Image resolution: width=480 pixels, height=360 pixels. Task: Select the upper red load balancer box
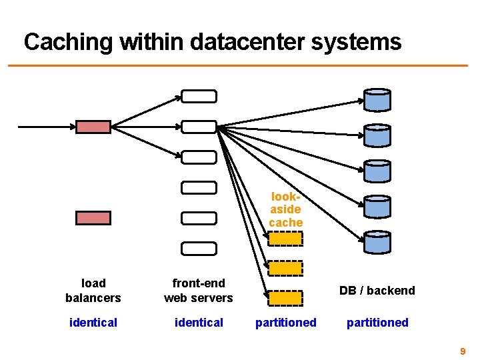point(93,126)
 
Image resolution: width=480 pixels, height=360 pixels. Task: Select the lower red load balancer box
point(93,217)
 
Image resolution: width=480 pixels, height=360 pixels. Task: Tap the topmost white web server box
point(199,96)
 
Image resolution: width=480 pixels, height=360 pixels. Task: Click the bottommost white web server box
point(199,249)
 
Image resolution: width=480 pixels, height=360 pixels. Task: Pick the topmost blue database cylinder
point(377,100)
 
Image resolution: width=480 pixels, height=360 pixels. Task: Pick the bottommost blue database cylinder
point(377,243)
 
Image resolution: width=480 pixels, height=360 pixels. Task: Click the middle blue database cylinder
point(377,171)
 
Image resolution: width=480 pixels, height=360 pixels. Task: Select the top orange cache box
point(285,239)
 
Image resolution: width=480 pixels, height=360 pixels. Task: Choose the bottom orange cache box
point(285,298)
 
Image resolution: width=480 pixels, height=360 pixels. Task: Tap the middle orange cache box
point(285,268)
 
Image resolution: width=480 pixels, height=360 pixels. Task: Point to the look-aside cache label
point(286,209)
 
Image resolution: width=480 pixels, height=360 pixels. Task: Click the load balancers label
point(93,290)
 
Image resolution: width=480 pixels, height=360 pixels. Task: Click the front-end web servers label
point(199,290)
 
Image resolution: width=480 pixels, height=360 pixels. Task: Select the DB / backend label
point(377,290)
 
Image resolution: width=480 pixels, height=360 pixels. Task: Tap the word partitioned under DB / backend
point(377,323)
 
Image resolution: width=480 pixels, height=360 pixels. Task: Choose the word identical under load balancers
point(93,323)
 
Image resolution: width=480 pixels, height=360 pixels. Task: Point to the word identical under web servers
point(199,323)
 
